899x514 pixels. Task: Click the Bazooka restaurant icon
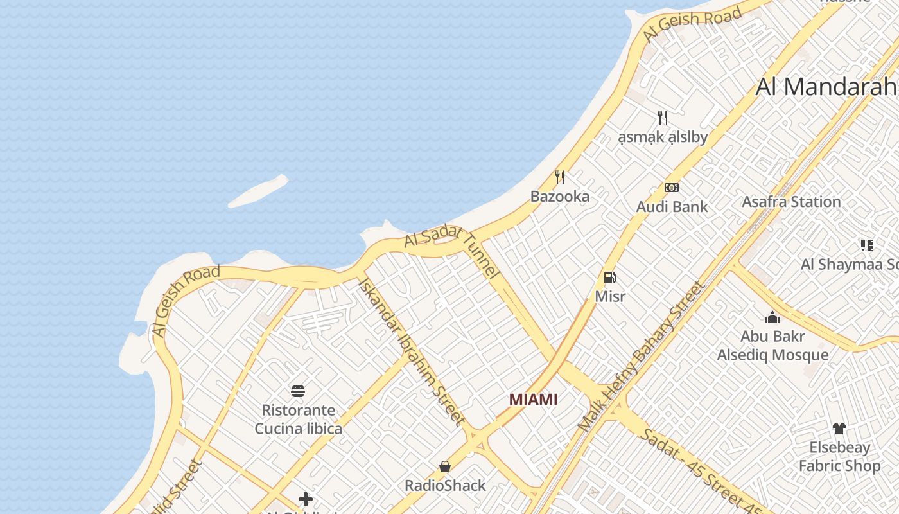(x=560, y=177)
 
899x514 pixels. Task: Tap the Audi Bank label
(x=672, y=207)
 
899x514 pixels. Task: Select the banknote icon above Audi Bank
(x=672, y=188)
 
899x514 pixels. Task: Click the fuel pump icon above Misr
(x=610, y=278)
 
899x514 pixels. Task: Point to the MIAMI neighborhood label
(x=533, y=400)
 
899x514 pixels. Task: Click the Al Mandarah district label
(x=826, y=86)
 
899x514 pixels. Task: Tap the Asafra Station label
(x=791, y=202)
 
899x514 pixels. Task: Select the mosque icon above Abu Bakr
(x=772, y=317)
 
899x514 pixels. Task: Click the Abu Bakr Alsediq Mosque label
(x=772, y=346)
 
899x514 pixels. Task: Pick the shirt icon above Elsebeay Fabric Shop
(x=839, y=429)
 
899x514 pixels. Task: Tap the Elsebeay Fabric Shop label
(x=839, y=457)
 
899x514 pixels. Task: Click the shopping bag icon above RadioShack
(x=445, y=466)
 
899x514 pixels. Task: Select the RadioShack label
(x=445, y=485)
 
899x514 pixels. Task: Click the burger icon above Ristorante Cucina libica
(x=298, y=391)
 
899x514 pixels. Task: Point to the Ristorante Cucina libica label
(x=298, y=419)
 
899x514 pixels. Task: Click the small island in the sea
(x=258, y=191)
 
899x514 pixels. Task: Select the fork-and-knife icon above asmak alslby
(x=663, y=118)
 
